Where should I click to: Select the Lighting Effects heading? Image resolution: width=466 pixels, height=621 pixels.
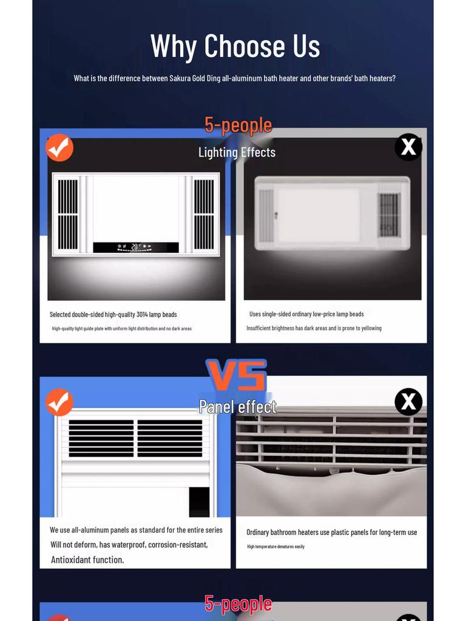tap(237, 152)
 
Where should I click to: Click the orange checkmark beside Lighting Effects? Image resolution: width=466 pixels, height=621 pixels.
tap(59, 148)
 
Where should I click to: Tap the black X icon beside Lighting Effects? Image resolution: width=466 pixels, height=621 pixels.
tap(408, 147)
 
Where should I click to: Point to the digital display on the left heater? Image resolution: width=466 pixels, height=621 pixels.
tap(135, 247)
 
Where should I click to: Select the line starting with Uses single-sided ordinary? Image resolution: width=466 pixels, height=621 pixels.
tap(306, 314)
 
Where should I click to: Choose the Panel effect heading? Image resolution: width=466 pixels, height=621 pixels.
tap(237, 406)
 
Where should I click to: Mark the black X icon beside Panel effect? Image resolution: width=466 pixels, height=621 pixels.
tap(408, 401)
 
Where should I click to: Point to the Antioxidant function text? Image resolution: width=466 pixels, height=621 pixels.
tap(87, 560)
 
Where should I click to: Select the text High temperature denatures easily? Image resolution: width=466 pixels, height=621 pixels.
tap(275, 546)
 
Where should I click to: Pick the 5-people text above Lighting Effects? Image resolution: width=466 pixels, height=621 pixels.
tap(238, 125)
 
